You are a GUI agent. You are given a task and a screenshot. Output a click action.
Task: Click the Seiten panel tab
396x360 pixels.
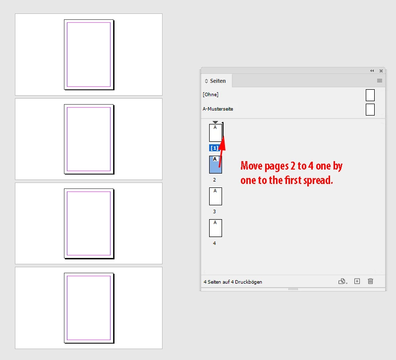[217, 81]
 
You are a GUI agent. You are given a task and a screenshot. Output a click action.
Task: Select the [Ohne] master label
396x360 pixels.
[210, 95]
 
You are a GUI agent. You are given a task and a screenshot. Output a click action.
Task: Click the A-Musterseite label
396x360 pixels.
[218, 109]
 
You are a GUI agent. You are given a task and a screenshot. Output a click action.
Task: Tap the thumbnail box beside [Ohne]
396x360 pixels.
[370, 95]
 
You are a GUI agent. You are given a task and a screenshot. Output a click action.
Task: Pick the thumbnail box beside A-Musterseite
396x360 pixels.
[370, 110]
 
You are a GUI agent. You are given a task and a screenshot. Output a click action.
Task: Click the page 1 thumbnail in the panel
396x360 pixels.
[216, 132]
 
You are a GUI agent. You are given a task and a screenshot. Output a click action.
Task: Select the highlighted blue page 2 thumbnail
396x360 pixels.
[216, 165]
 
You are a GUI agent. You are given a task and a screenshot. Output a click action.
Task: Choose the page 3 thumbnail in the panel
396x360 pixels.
[216, 196]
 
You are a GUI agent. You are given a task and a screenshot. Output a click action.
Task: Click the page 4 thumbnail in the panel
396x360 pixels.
[216, 228]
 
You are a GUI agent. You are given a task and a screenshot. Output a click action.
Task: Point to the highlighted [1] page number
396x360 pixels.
[214, 148]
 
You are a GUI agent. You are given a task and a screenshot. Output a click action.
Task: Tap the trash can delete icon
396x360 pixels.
[370, 281]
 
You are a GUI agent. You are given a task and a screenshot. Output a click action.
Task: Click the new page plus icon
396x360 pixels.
[357, 281]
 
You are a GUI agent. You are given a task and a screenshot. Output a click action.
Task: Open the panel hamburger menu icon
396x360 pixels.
[379, 81]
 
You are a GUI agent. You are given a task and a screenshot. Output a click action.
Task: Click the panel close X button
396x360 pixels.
[381, 71]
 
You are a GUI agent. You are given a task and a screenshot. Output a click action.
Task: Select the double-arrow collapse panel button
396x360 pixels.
[372, 71]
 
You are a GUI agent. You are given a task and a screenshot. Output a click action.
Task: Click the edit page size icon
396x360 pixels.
[342, 281]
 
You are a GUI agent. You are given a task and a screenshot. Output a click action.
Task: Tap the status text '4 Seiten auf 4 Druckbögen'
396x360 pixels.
[233, 282]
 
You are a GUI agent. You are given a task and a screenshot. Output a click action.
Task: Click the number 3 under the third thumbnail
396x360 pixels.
[215, 211]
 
